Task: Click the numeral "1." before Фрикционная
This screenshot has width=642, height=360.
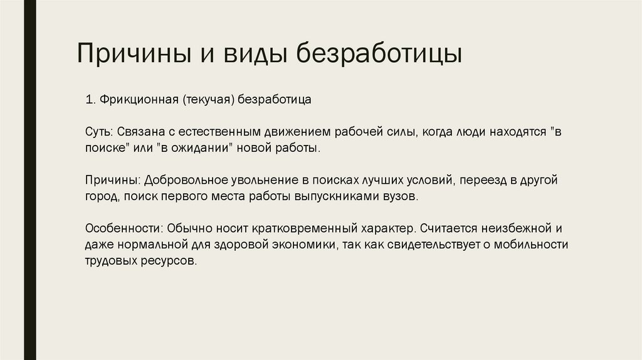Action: (90, 100)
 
